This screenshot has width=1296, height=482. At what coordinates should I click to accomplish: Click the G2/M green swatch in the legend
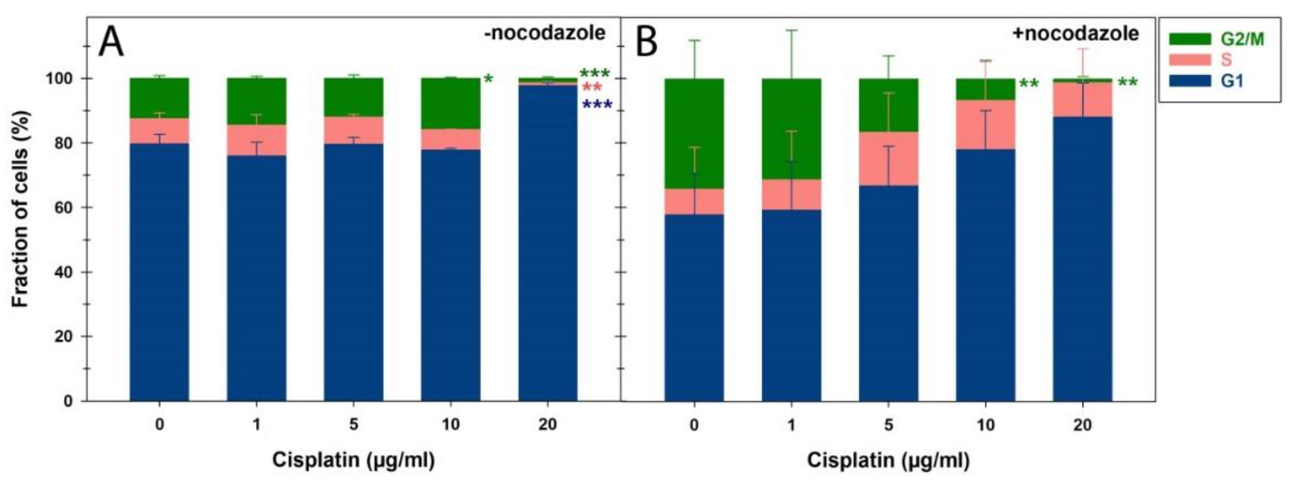(x=1190, y=39)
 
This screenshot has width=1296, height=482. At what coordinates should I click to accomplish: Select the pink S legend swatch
(x=1190, y=60)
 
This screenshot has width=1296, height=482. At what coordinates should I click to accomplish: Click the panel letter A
(x=111, y=43)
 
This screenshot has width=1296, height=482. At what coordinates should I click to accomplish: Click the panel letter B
(x=646, y=43)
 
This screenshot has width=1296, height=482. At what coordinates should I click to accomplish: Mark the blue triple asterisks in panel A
(x=597, y=106)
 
